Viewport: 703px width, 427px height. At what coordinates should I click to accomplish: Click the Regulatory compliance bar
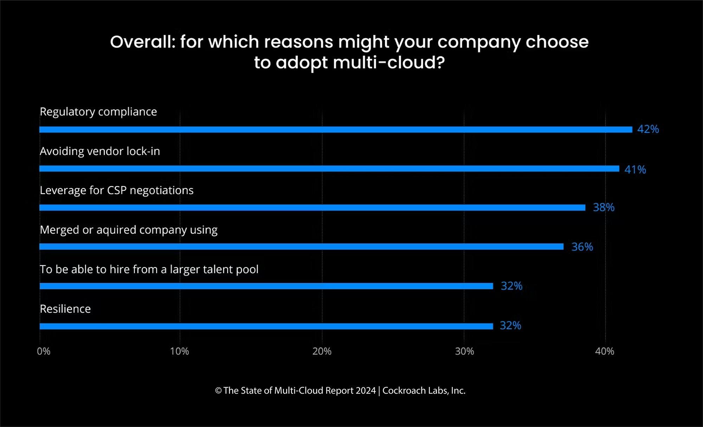tap(336, 130)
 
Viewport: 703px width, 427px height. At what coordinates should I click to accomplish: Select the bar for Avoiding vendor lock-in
tap(329, 169)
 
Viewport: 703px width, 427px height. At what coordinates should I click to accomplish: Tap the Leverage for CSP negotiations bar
tap(312, 208)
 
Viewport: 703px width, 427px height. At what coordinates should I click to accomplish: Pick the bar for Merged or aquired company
tap(301, 247)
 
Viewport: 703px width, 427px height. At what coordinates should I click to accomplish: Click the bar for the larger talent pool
tap(266, 286)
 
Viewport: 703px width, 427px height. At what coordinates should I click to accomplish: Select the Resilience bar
tap(266, 326)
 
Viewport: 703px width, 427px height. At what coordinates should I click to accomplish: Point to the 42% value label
tap(648, 129)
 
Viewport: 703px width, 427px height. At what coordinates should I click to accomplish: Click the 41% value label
tap(635, 170)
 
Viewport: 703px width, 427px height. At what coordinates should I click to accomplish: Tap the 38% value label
tap(604, 207)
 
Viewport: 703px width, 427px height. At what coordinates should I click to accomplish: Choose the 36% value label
tap(582, 247)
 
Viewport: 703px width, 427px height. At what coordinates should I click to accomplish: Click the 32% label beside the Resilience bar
tap(510, 325)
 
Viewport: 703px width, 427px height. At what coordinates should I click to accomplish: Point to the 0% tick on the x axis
tap(44, 351)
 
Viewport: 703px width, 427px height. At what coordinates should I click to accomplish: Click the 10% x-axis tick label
tap(179, 351)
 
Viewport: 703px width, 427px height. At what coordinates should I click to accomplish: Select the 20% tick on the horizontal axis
tap(322, 351)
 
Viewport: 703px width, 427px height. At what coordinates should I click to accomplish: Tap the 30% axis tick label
tap(464, 351)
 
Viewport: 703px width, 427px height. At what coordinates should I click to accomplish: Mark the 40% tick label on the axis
tap(605, 351)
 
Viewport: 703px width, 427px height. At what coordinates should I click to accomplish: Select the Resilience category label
tap(65, 309)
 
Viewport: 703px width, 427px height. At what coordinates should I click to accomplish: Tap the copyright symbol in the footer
tap(218, 391)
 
